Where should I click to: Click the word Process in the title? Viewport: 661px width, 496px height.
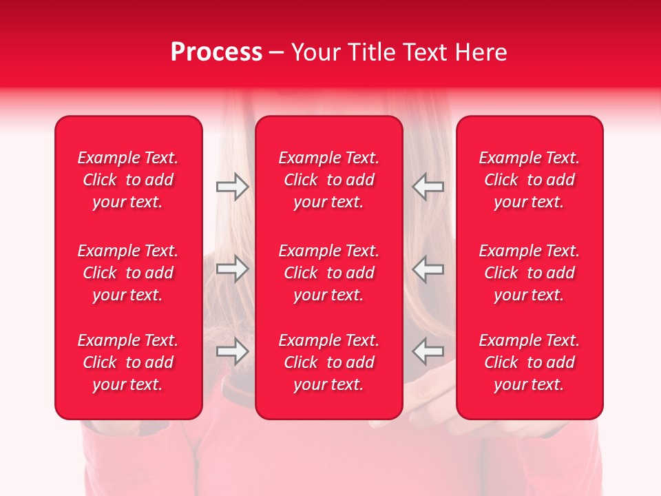tap(216, 52)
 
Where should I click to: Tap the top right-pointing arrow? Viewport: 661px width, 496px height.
tap(232, 187)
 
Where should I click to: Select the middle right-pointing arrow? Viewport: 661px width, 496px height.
tap(232, 269)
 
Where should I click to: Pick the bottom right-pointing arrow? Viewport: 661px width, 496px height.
tap(232, 351)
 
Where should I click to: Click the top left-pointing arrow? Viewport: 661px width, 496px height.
tap(428, 187)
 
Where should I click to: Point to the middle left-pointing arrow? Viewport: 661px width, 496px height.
tap(428, 269)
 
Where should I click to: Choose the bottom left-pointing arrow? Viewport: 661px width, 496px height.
tap(428, 351)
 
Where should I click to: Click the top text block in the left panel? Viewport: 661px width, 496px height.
tap(128, 180)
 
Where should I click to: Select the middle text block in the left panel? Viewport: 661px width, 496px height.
tap(128, 273)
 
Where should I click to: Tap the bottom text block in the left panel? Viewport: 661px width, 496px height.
tap(128, 362)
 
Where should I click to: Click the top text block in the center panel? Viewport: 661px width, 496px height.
tap(328, 180)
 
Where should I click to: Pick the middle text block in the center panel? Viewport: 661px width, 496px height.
tap(328, 273)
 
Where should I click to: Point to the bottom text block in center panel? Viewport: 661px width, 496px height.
tap(328, 362)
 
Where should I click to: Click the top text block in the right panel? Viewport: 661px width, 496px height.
tap(529, 180)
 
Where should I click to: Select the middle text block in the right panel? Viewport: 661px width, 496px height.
tap(529, 273)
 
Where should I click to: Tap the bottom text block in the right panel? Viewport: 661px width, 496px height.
tap(529, 362)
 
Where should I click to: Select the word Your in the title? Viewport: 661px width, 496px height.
tap(317, 52)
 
